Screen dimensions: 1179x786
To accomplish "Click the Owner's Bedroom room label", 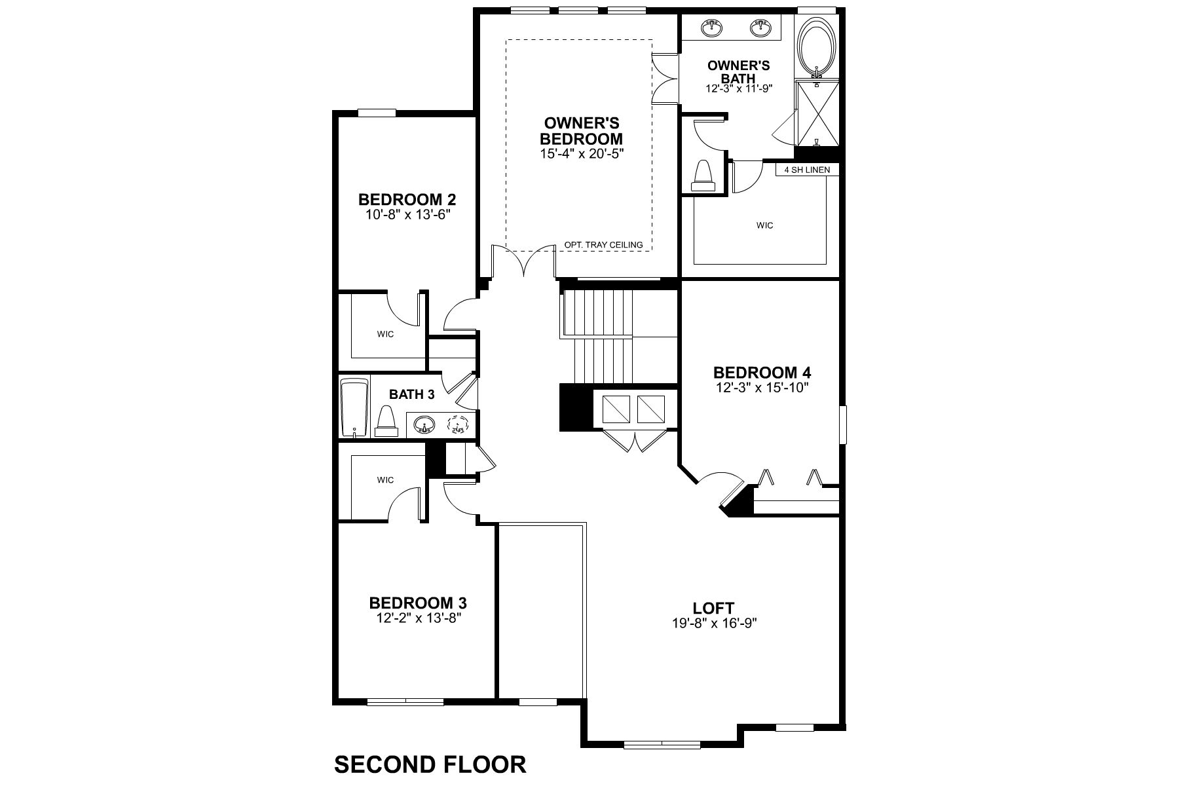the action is coord(580,131).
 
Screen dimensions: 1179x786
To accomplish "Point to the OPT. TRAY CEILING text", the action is coord(603,245).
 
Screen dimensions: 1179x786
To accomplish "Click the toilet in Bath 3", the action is coord(386,422).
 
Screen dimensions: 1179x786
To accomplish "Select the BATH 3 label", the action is coord(411,394).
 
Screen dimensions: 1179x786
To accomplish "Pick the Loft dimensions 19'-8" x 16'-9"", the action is coord(713,623).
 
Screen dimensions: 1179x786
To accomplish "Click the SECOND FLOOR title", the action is coord(430,764).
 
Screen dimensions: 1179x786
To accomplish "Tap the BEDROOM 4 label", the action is coord(762,373).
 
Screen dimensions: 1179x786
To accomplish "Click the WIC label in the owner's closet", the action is coord(764,225).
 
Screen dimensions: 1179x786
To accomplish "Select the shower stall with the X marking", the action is coord(817,113).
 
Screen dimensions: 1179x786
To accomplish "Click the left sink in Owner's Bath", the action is coord(711,28).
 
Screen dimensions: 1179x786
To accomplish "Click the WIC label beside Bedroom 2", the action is coord(385,335).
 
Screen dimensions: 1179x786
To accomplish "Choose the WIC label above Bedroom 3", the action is coord(385,480).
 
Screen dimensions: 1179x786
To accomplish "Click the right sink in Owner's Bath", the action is coord(761,28).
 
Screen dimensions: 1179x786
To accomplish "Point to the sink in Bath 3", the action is coord(424,425).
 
